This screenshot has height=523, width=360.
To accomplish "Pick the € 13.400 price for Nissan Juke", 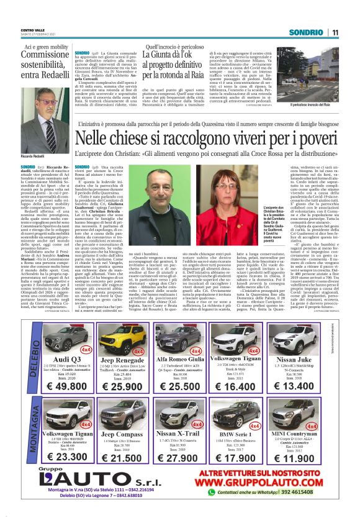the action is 310,386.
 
